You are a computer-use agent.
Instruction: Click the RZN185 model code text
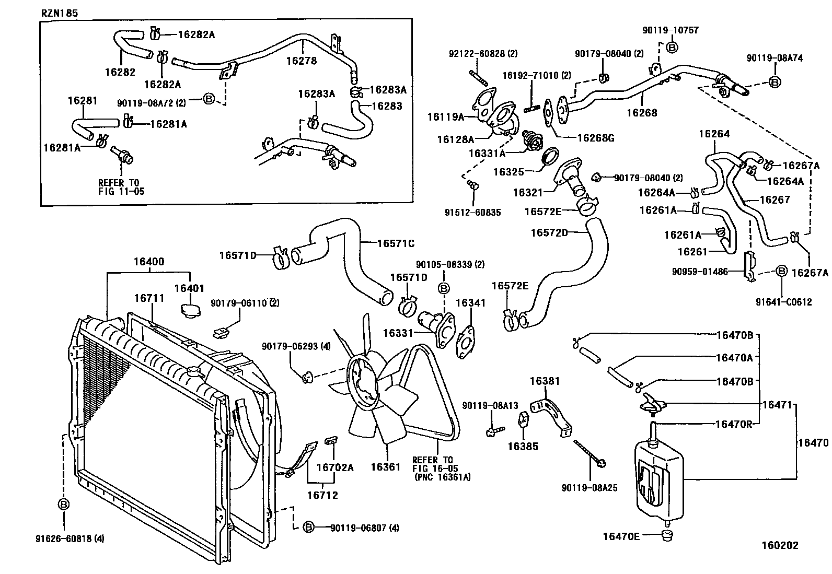[x=60, y=13]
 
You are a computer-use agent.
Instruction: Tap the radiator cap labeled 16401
[x=191, y=309]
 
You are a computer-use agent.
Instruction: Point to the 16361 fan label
[x=385, y=467]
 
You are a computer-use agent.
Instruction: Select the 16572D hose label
[x=549, y=232]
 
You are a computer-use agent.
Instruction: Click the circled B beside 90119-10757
[x=673, y=48]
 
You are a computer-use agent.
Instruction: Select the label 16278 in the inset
[x=301, y=61]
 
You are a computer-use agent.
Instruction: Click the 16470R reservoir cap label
[x=733, y=424]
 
